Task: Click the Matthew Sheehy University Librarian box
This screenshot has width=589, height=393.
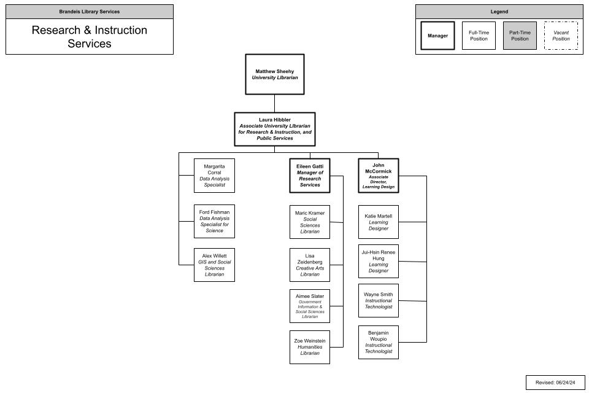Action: point(275,74)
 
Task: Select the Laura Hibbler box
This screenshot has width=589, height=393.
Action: point(275,128)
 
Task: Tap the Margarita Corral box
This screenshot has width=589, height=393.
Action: point(214,175)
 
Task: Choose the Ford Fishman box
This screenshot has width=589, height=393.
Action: point(214,222)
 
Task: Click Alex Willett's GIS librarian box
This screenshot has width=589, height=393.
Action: point(214,265)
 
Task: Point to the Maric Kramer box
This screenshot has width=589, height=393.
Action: point(310,222)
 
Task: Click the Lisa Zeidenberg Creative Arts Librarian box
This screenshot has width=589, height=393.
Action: point(310,265)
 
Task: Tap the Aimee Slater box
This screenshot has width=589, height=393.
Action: point(310,306)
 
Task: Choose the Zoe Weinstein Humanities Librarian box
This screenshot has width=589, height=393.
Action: point(310,347)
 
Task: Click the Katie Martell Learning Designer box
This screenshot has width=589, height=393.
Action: point(379,222)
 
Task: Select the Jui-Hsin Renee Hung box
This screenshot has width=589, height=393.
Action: point(379,261)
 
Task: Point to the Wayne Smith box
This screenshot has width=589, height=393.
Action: point(379,300)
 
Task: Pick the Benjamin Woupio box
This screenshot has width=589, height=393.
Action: point(379,342)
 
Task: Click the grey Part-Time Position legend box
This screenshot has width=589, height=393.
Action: point(520,36)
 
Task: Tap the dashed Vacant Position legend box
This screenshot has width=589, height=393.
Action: point(561,36)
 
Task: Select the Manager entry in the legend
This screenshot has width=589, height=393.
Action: point(437,36)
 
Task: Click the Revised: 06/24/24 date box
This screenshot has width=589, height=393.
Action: point(555,382)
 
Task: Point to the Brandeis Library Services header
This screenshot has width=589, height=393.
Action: point(90,12)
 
